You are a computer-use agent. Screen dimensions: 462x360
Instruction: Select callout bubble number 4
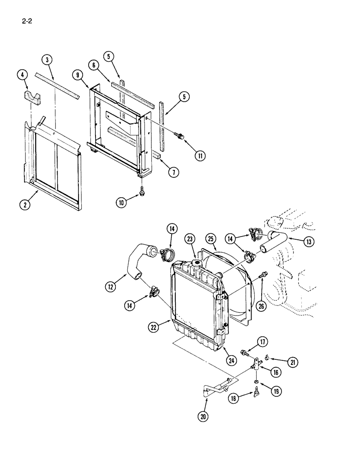point(22,74)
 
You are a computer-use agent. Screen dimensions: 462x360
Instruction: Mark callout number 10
point(121,202)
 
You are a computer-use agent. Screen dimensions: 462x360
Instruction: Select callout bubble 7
point(173,173)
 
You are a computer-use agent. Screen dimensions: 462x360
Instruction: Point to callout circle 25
point(210,239)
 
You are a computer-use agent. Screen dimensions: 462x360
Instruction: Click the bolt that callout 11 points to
point(180,135)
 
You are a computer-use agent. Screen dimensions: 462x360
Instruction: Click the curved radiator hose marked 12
point(134,261)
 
